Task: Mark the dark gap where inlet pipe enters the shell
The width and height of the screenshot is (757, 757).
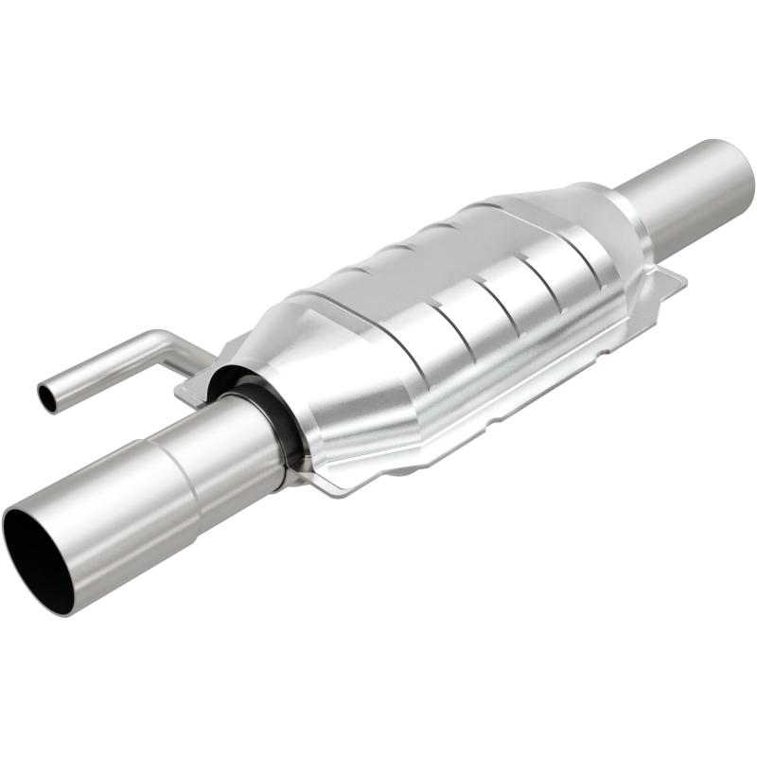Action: (x=284, y=426)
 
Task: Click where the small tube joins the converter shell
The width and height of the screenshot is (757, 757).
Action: (x=203, y=359)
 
